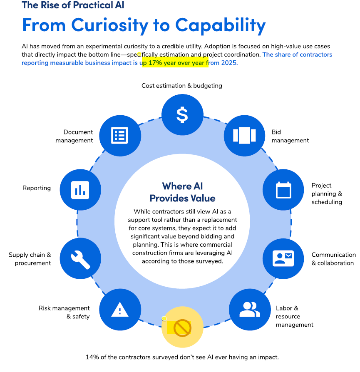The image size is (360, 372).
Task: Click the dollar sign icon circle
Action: [x=182, y=114]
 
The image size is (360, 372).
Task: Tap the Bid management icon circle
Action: [x=244, y=135]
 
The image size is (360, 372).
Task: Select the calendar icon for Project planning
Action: [x=283, y=190]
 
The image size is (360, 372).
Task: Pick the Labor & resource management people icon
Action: [x=249, y=309]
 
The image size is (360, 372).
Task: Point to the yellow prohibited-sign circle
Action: [x=182, y=327]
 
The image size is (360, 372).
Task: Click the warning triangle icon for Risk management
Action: [x=119, y=310]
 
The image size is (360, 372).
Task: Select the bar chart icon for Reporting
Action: [x=80, y=190]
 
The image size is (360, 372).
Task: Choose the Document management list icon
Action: [x=119, y=135]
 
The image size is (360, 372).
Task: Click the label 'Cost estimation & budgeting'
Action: [x=182, y=86]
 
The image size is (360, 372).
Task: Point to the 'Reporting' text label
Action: [x=37, y=188]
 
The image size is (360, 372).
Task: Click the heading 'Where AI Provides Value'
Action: [x=182, y=192]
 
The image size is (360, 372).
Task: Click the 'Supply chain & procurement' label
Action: [x=30, y=259]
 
